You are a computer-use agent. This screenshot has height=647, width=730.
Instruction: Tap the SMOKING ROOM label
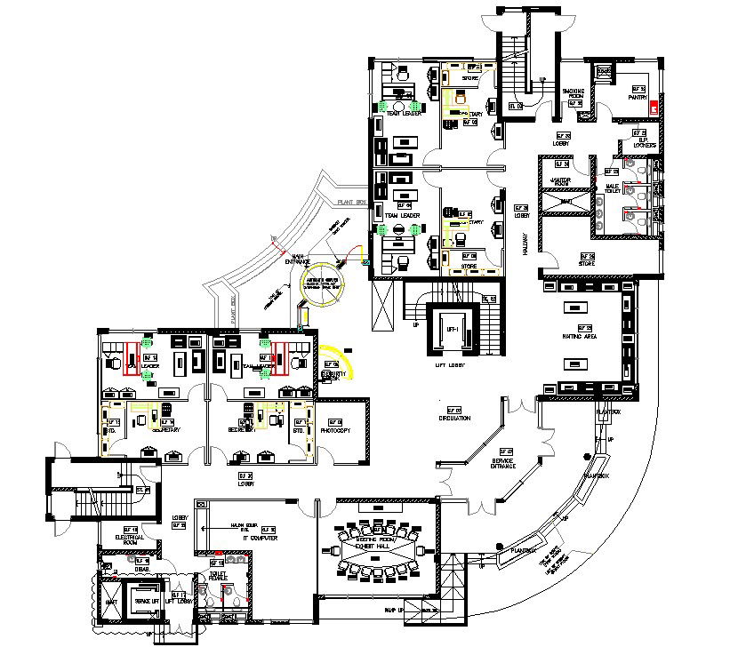[x=573, y=93]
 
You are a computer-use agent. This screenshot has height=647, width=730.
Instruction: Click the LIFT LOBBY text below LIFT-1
[x=451, y=364]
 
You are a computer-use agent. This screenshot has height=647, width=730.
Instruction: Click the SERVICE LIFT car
[x=143, y=602]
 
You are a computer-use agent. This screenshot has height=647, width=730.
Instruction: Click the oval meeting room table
[x=378, y=555]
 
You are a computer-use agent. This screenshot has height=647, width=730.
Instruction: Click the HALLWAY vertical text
[x=525, y=244]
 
